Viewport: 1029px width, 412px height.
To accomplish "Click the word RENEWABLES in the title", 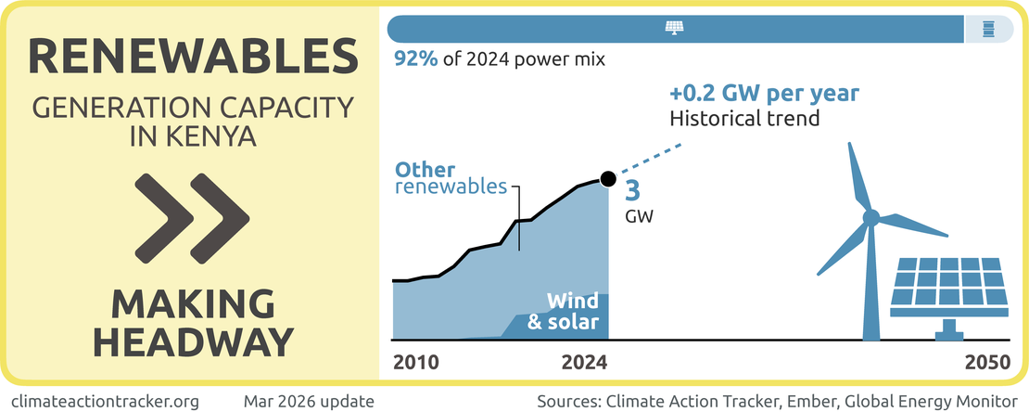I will tap(193, 58).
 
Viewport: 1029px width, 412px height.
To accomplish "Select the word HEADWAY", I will tap(193, 341).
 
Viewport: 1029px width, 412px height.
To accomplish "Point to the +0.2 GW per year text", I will tap(764, 95).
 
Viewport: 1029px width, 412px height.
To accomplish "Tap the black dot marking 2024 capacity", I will tap(608, 178).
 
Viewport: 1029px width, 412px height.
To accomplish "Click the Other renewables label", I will tap(451, 178).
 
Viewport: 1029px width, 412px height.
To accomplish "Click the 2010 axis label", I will tap(415, 363).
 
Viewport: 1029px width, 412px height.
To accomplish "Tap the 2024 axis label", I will tap(584, 363).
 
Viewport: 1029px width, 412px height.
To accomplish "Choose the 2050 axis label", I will tap(986, 363).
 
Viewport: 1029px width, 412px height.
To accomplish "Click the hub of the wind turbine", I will tap(870, 218).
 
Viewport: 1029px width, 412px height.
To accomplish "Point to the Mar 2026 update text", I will tap(309, 401).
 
